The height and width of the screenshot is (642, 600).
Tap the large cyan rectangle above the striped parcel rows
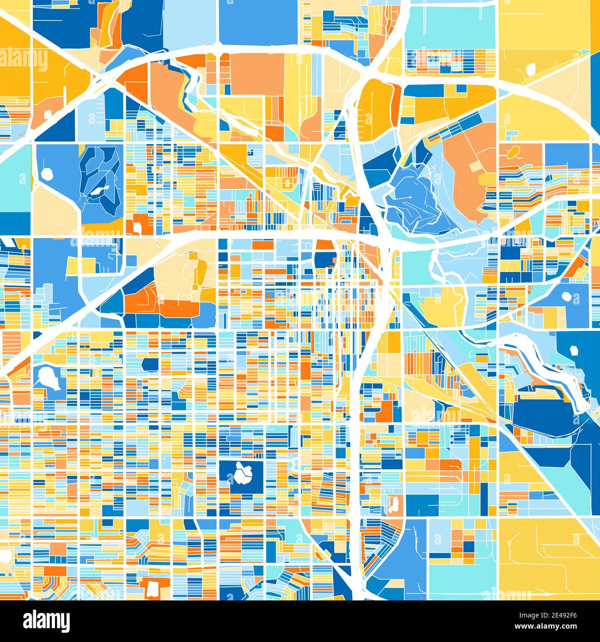[450, 25]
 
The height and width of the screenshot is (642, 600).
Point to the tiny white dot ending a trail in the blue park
[410, 197]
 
